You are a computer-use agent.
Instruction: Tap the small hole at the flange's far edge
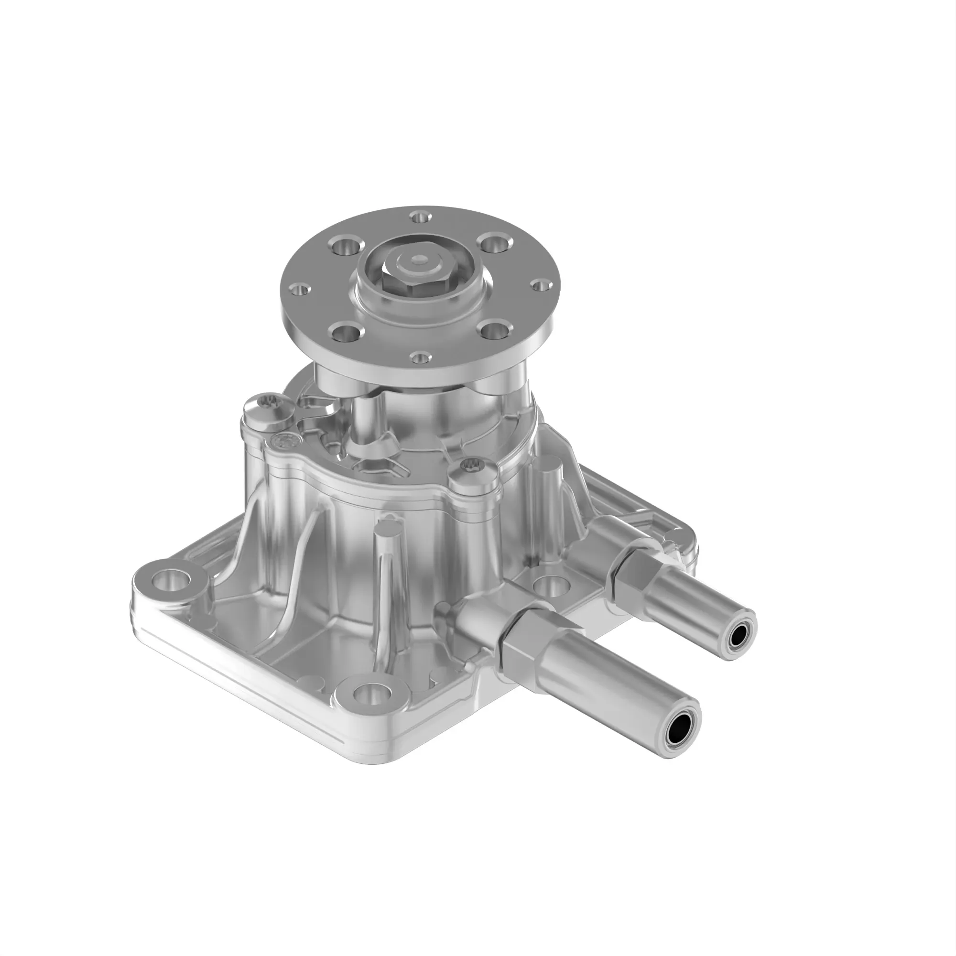point(420,216)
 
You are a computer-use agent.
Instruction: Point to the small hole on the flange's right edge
point(541,284)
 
